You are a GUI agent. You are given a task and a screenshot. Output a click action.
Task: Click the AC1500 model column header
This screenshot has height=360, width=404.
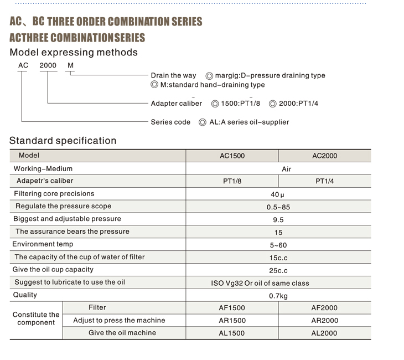click(x=232, y=156)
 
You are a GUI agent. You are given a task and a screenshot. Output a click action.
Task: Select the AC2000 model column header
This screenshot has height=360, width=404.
click(x=324, y=156)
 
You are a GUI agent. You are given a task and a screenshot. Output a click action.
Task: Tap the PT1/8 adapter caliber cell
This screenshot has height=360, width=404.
click(x=232, y=182)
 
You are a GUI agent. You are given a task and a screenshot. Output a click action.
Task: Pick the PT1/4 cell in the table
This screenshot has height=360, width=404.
click(x=324, y=182)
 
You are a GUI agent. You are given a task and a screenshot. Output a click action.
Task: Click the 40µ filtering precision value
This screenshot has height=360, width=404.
click(x=277, y=194)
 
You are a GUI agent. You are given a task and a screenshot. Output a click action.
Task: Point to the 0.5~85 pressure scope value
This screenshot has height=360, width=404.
click(x=278, y=207)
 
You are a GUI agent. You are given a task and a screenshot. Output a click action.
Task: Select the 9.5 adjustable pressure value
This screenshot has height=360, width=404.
click(x=278, y=220)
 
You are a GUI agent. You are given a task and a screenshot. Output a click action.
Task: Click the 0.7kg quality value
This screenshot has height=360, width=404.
click(x=278, y=296)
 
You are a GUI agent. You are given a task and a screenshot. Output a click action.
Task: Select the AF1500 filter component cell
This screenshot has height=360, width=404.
click(x=232, y=308)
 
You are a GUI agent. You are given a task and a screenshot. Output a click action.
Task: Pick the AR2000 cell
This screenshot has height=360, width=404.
click(x=324, y=321)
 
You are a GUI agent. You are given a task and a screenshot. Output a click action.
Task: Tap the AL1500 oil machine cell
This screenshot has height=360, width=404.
click(x=232, y=333)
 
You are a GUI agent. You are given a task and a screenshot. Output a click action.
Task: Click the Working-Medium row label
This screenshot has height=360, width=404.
click(x=43, y=168)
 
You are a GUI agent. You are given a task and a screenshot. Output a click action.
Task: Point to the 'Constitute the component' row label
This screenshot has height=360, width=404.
click(x=36, y=318)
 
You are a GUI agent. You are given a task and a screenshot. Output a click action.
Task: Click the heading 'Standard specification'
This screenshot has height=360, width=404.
click(x=63, y=141)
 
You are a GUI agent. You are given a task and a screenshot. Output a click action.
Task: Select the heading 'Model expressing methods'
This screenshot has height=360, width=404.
click(x=74, y=53)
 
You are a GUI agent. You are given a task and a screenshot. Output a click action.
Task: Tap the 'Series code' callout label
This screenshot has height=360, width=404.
click(x=170, y=122)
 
